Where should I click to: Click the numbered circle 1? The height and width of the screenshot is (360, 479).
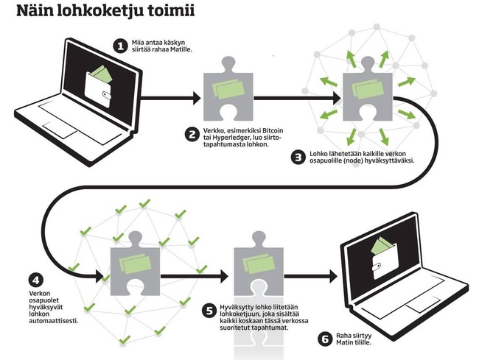(x=122, y=46)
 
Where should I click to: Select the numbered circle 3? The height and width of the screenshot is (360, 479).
(x=298, y=157)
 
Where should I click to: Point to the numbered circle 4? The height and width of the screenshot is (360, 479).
(x=35, y=281)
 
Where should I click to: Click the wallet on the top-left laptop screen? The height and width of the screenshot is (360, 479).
(x=99, y=83)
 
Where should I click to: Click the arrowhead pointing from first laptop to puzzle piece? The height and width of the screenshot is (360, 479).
(x=195, y=97)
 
